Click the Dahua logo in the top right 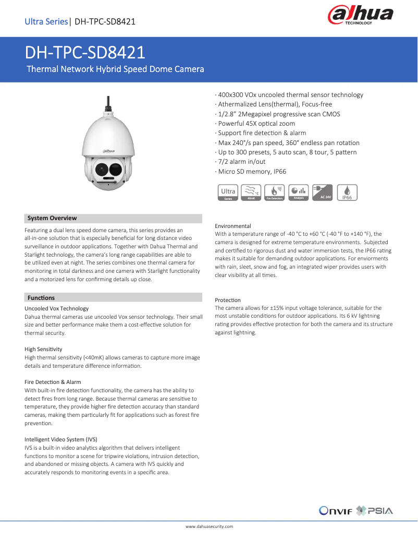(360, 16)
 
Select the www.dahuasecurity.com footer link (209, 527)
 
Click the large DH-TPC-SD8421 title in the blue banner (85, 53)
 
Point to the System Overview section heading (52, 218)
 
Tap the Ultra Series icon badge (228, 193)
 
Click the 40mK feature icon (251, 193)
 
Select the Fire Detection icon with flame (274, 193)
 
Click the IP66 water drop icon (347, 193)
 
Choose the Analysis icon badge (299, 193)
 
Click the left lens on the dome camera (102, 168)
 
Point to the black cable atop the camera (108, 102)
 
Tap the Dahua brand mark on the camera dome (108, 150)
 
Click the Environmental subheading (232, 226)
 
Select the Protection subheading (228, 300)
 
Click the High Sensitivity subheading (43, 348)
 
